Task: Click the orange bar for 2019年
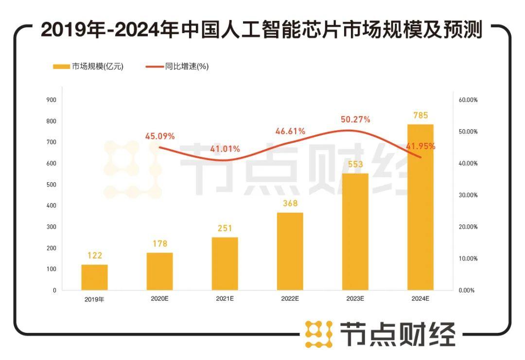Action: (x=94, y=277)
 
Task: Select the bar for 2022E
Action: (x=290, y=251)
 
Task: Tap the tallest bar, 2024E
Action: (x=420, y=207)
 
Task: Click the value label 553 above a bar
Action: (x=355, y=165)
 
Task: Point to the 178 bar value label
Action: (x=159, y=244)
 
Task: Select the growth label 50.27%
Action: (x=355, y=120)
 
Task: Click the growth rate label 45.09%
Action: (x=160, y=136)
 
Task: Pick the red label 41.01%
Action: (x=225, y=149)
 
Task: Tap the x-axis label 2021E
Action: (x=225, y=299)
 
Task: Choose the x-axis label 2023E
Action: (x=355, y=299)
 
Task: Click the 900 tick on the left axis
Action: (x=51, y=100)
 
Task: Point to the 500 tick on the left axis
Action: (x=51, y=185)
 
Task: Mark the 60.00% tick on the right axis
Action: (x=468, y=100)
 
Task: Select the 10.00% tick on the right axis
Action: (x=468, y=258)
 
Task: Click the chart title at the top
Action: (x=262, y=30)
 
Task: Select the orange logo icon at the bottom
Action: (x=319, y=334)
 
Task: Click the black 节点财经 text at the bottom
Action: (x=398, y=334)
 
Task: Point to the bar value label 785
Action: (x=420, y=116)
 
